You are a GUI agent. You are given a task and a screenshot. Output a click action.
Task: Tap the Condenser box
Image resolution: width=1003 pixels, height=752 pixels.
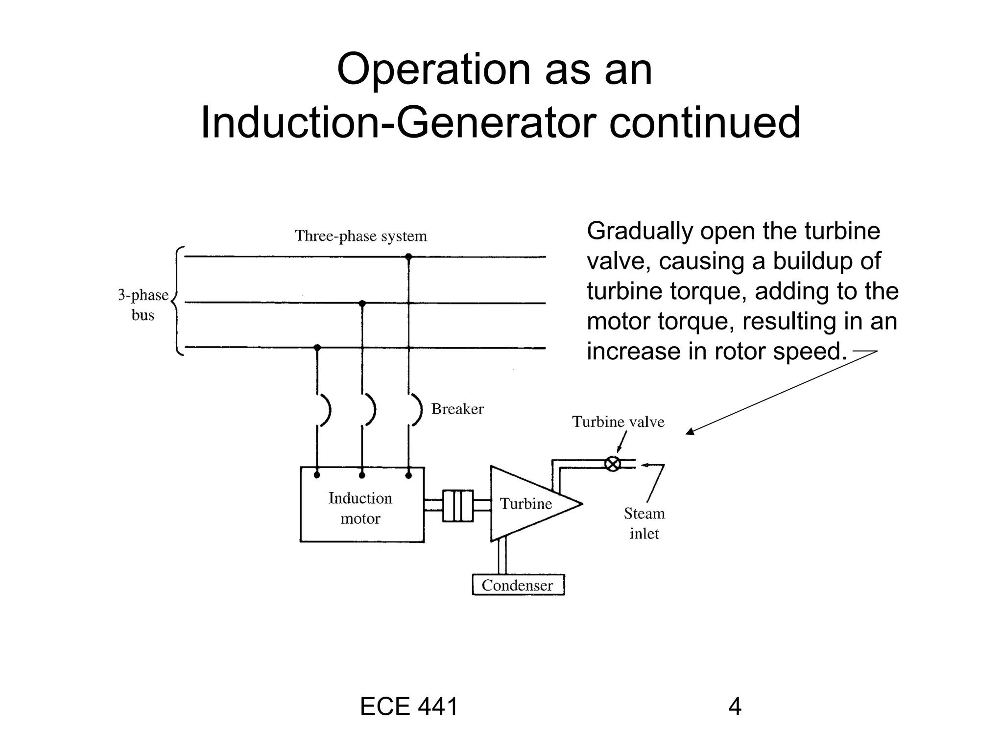coord(518,585)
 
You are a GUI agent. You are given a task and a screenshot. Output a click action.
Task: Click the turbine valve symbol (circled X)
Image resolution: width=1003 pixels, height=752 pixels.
coord(613,463)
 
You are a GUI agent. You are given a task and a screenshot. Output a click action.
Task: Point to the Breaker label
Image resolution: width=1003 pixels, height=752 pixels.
coord(457,409)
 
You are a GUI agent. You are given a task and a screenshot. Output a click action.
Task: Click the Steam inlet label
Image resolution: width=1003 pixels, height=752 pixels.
coord(644,523)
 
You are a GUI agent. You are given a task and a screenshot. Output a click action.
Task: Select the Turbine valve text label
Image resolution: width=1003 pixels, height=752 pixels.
coord(618,422)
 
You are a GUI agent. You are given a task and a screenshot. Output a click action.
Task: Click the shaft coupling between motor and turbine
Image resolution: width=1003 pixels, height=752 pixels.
coord(458,506)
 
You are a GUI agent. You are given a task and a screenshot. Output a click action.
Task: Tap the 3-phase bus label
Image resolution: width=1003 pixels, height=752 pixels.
coord(143,305)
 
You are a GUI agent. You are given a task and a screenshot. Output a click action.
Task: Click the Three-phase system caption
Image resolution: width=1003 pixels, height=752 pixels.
coord(361,236)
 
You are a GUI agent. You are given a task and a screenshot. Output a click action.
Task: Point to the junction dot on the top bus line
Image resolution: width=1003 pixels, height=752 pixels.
coord(408,257)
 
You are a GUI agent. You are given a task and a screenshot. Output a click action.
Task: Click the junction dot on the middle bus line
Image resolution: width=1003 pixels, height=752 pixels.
coord(362,304)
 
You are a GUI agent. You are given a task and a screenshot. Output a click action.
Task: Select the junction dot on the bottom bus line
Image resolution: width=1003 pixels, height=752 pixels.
coord(317,348)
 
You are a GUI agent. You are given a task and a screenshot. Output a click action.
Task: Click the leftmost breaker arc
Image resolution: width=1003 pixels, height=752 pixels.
coord(326,410)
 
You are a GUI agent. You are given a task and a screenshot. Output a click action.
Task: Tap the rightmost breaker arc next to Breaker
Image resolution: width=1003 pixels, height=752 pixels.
coord(417,410)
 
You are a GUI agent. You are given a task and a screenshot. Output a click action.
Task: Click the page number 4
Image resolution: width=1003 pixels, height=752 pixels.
coord(735,706)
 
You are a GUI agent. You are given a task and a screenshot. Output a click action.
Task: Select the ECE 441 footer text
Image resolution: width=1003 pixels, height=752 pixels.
coord(409,706)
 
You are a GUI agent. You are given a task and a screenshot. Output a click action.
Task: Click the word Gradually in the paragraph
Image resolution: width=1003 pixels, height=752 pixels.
coord(639,231)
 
